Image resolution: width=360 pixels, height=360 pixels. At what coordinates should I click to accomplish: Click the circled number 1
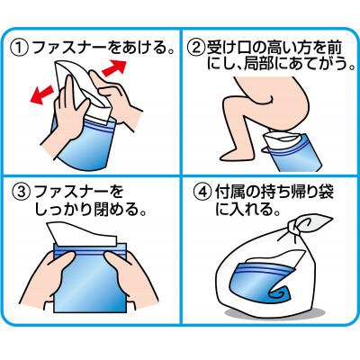click(x=20, y=49)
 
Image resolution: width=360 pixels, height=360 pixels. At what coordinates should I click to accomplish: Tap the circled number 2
click(x=195, y=49)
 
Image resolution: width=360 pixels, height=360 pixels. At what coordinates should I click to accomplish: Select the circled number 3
click(x=22, y=193)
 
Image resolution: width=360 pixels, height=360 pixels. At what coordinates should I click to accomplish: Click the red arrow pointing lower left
click(x=41, y=94)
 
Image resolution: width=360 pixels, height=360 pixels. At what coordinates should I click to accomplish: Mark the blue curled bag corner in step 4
click(x=279, y=293)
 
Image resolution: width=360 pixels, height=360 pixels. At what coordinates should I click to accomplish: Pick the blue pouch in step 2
click(x=292, y=154)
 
